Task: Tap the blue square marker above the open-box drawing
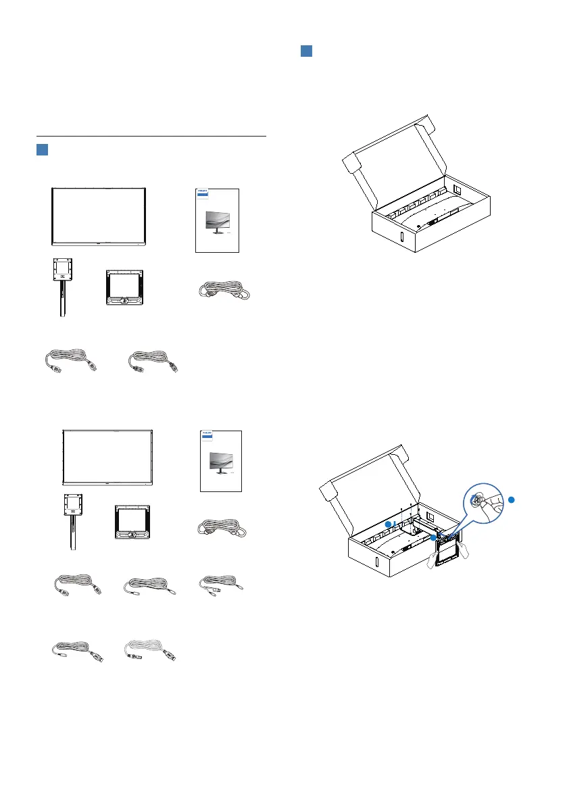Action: click(x=306, y=52)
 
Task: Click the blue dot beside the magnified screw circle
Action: click(x=512, y=499)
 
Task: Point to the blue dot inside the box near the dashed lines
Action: click(x=388, y=524)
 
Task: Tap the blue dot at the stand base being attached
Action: click(x=433, y=538)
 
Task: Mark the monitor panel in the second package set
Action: click(x=108, y=456)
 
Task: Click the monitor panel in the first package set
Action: click(x=99, y=216)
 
